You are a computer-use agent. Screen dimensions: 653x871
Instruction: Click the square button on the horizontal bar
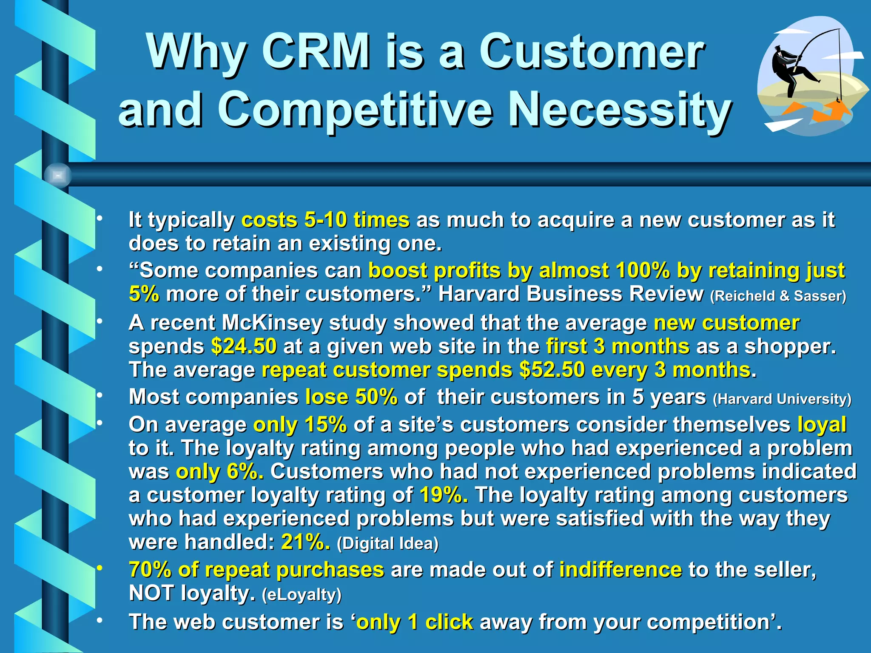pyautogui.click(x=58, y=175)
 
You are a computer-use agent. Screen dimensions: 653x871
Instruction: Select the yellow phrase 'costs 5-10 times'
pyautogui.click(x=325, y=220)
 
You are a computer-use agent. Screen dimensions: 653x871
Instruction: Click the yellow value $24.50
pyautogui.click(x=244, y=346)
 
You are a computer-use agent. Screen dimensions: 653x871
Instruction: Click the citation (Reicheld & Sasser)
pyautogui.click(x=778, y=295)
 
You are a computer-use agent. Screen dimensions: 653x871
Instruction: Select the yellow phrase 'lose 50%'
pyautogui.click(x=351, y=397)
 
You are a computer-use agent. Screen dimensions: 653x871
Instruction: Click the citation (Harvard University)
pyautogui.click(x=782, y=399)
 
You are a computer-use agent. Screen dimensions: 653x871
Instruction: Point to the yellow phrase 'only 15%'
pyautogui.click(x=300, y=425)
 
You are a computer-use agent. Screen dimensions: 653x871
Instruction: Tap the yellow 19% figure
pyautogui.click(x=444, y=495)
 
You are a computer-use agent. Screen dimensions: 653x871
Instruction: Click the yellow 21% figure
pyautogui.click(x=305, y=542)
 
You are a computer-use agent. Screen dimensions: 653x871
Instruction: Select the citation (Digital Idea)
pyautogui.click(x=387, y=543)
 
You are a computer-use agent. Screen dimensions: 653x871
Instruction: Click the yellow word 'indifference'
pyautogui.click(x=621, y=570)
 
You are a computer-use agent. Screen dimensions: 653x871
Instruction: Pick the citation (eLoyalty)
pyautogui.click(x=302, y=594)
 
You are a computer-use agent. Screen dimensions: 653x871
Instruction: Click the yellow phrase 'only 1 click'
pyautogui.click(x=415, y=622)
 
